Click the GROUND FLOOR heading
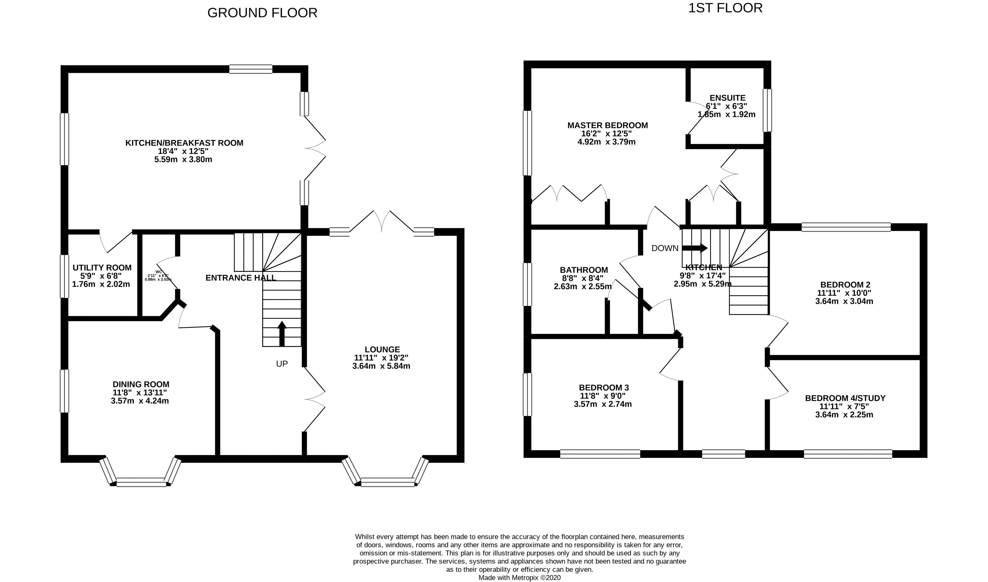(262, 13)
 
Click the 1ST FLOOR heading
(725, 8)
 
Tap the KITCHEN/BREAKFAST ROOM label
(184, 143)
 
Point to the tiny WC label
(159, 272)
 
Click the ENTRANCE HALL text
(241, 278)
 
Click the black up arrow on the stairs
(282, 334)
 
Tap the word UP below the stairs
(282, 364)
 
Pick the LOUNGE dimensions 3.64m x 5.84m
(381, 366)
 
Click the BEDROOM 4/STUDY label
(845, 398)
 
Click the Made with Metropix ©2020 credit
(519, 578)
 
